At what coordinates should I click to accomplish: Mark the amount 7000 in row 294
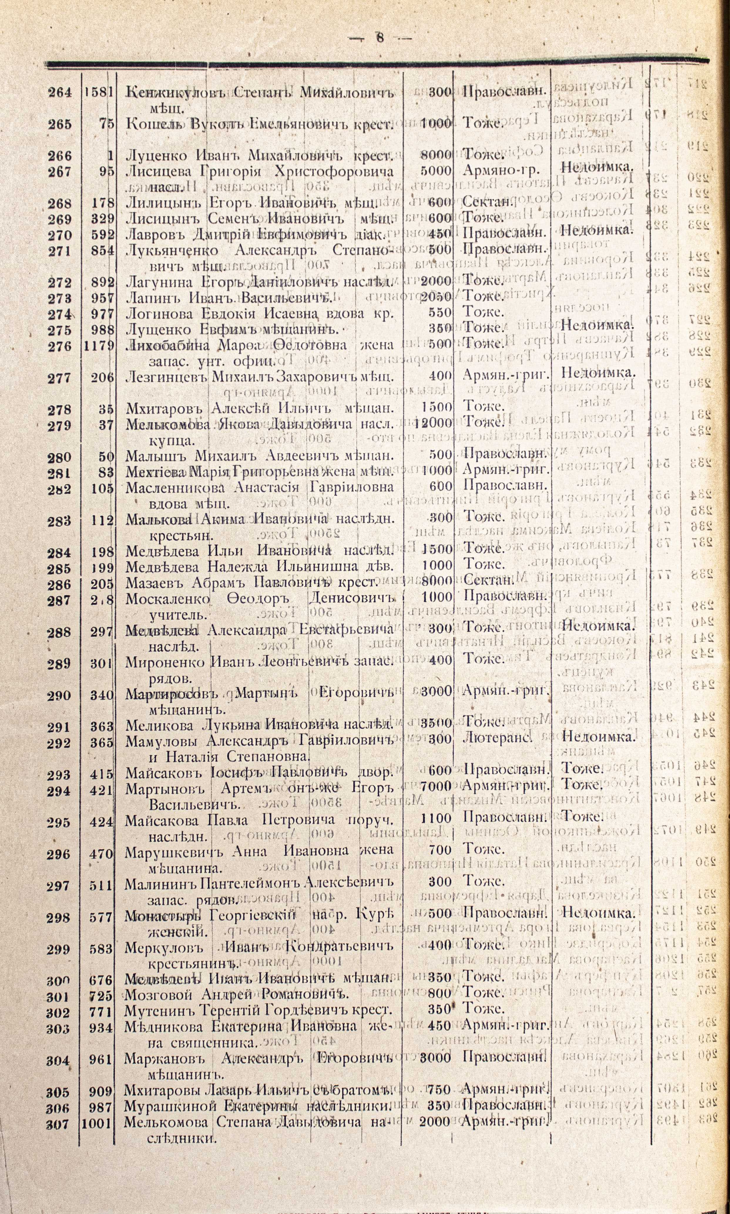pos(436,786)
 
